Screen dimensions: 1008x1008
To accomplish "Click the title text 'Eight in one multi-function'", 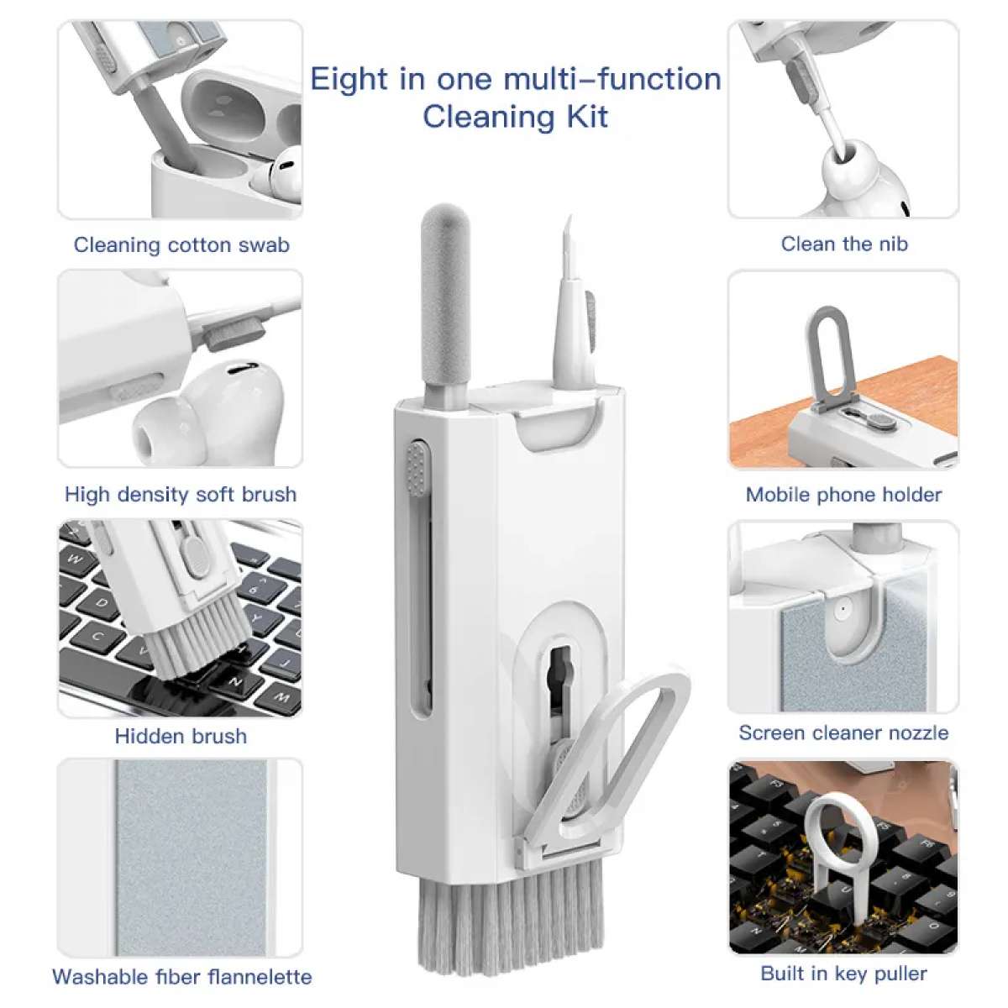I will pos(515,79).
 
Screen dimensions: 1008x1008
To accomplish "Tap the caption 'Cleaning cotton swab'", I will pos(181,245).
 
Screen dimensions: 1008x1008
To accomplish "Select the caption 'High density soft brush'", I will pos(181,494).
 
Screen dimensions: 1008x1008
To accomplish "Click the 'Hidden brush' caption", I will pos(181,737).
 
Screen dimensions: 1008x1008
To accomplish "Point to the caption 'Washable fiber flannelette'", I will pos(181,977).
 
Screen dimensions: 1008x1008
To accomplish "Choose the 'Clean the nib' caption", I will pos(843,244).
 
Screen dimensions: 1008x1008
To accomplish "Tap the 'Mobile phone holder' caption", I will pos(843,495).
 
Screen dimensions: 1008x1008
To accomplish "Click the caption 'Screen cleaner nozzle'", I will pos(843,733).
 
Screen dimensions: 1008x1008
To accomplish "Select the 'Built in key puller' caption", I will pos(843,974).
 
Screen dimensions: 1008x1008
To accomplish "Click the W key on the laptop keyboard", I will pos(75,559).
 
